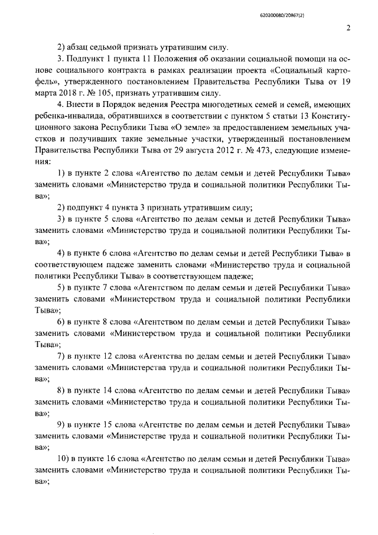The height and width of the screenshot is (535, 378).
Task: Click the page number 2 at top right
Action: point(348,28)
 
